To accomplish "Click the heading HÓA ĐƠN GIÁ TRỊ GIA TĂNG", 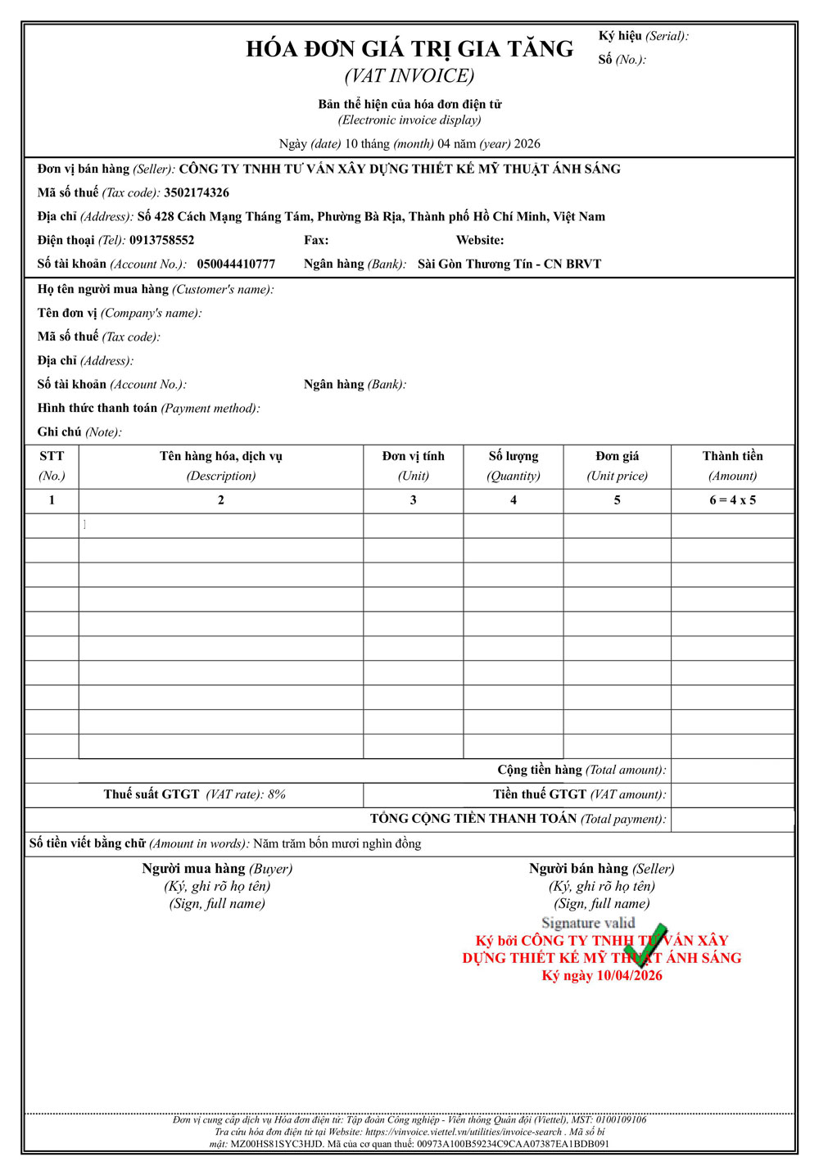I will click(409, 49).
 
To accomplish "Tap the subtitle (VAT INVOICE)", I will click(409, 76).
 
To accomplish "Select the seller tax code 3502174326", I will click(197, 193).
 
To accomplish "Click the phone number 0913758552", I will click(162, 241).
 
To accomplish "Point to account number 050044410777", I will click(236, 264).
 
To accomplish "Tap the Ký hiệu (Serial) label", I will click(643, 36).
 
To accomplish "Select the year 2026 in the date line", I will click(527, 144).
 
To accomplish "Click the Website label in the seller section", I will click(480, 241).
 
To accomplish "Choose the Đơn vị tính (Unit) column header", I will click(414, 466).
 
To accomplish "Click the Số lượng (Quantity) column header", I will click(514, 466).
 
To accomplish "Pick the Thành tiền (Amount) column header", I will click(732, 466).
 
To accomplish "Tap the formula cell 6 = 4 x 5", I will click(732, 500).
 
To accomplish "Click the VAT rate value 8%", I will click(277, 795).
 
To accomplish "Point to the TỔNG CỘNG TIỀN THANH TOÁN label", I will click(518, 819).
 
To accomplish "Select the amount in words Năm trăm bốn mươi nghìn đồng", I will click(337, 844).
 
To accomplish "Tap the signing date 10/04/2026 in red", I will click(629, 976).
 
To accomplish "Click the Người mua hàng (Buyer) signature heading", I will click(217, 869).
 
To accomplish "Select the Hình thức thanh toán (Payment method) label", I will click(148, 409).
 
